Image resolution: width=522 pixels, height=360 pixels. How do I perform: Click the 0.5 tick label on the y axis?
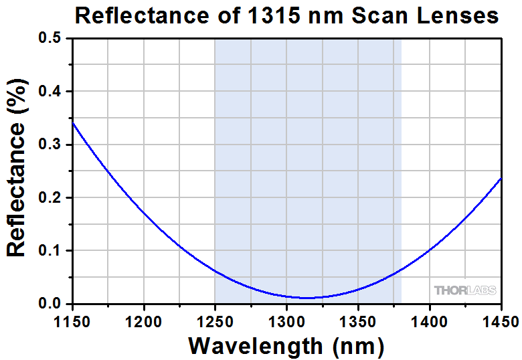50,39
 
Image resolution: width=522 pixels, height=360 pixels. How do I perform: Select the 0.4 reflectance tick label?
50,92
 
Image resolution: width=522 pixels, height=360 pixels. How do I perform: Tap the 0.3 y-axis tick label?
50,145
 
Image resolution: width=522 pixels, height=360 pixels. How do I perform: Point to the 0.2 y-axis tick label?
50,198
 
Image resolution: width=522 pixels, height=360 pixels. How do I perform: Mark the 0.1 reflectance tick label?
50,251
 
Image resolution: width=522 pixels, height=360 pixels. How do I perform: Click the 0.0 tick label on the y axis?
50,304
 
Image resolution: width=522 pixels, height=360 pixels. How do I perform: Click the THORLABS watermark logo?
465,291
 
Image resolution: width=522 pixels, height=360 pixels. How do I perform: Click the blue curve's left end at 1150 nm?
72,122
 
